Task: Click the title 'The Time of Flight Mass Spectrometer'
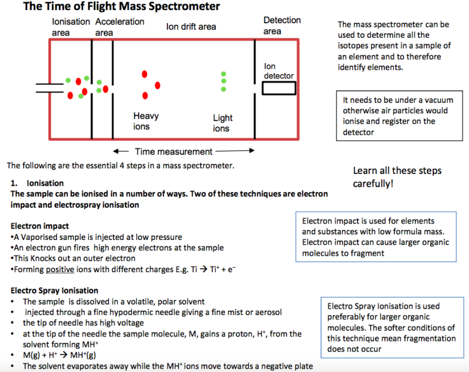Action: pyautogui.click(x=121, y=7)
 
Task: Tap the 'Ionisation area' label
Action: pyautogui.click(x=71, y=27)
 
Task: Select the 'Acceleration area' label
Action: pyautogui.click(x=119, y=27)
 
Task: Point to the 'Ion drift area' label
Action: pyautogui.click(x=191, y=27)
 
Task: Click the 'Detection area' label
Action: pyautogui.click(x=282, y=25)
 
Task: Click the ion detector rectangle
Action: pyautogui.click(x=279, y=89)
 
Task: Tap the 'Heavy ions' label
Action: pyautogui.click(x=146, y=121)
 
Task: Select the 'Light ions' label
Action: pyautogui.click(x=222, y=123)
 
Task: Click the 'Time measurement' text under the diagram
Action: pyautogui.click(x=173, y=151)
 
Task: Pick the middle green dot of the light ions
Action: pyautogui.click(x=224, y=81)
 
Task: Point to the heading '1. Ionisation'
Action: pyautogui.click(x=37, y=183)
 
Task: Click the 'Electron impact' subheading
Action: pyautogui.click(x=40, y=226)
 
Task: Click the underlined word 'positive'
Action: pyautogui.click(x=60, y=269)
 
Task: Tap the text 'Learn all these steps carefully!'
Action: pyautogui.click(x=397, y=177)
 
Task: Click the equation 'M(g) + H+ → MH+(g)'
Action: pyautogui.click(x=60, y=355)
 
